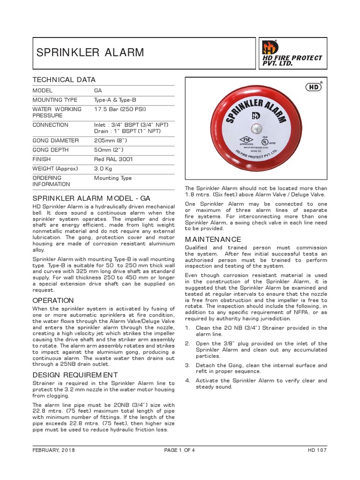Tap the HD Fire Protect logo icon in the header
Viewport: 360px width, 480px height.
click(270, 47)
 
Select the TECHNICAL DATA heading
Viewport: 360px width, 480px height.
click(64, 80)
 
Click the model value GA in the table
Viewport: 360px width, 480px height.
click(98, 90)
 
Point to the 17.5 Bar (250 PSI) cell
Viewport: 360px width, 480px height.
click(120, 109)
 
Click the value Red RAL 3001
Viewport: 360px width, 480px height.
click(113, 159)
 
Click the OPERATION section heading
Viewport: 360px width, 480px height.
click(53, 300)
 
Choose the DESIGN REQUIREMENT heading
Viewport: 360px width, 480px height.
click(75, 375)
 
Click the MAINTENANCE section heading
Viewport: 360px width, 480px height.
click(213, 240)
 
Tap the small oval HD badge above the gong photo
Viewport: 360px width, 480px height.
click(313, 87)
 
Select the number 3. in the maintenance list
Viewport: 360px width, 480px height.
click(187, 365)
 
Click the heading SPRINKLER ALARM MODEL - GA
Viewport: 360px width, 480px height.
click(91, 198)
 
